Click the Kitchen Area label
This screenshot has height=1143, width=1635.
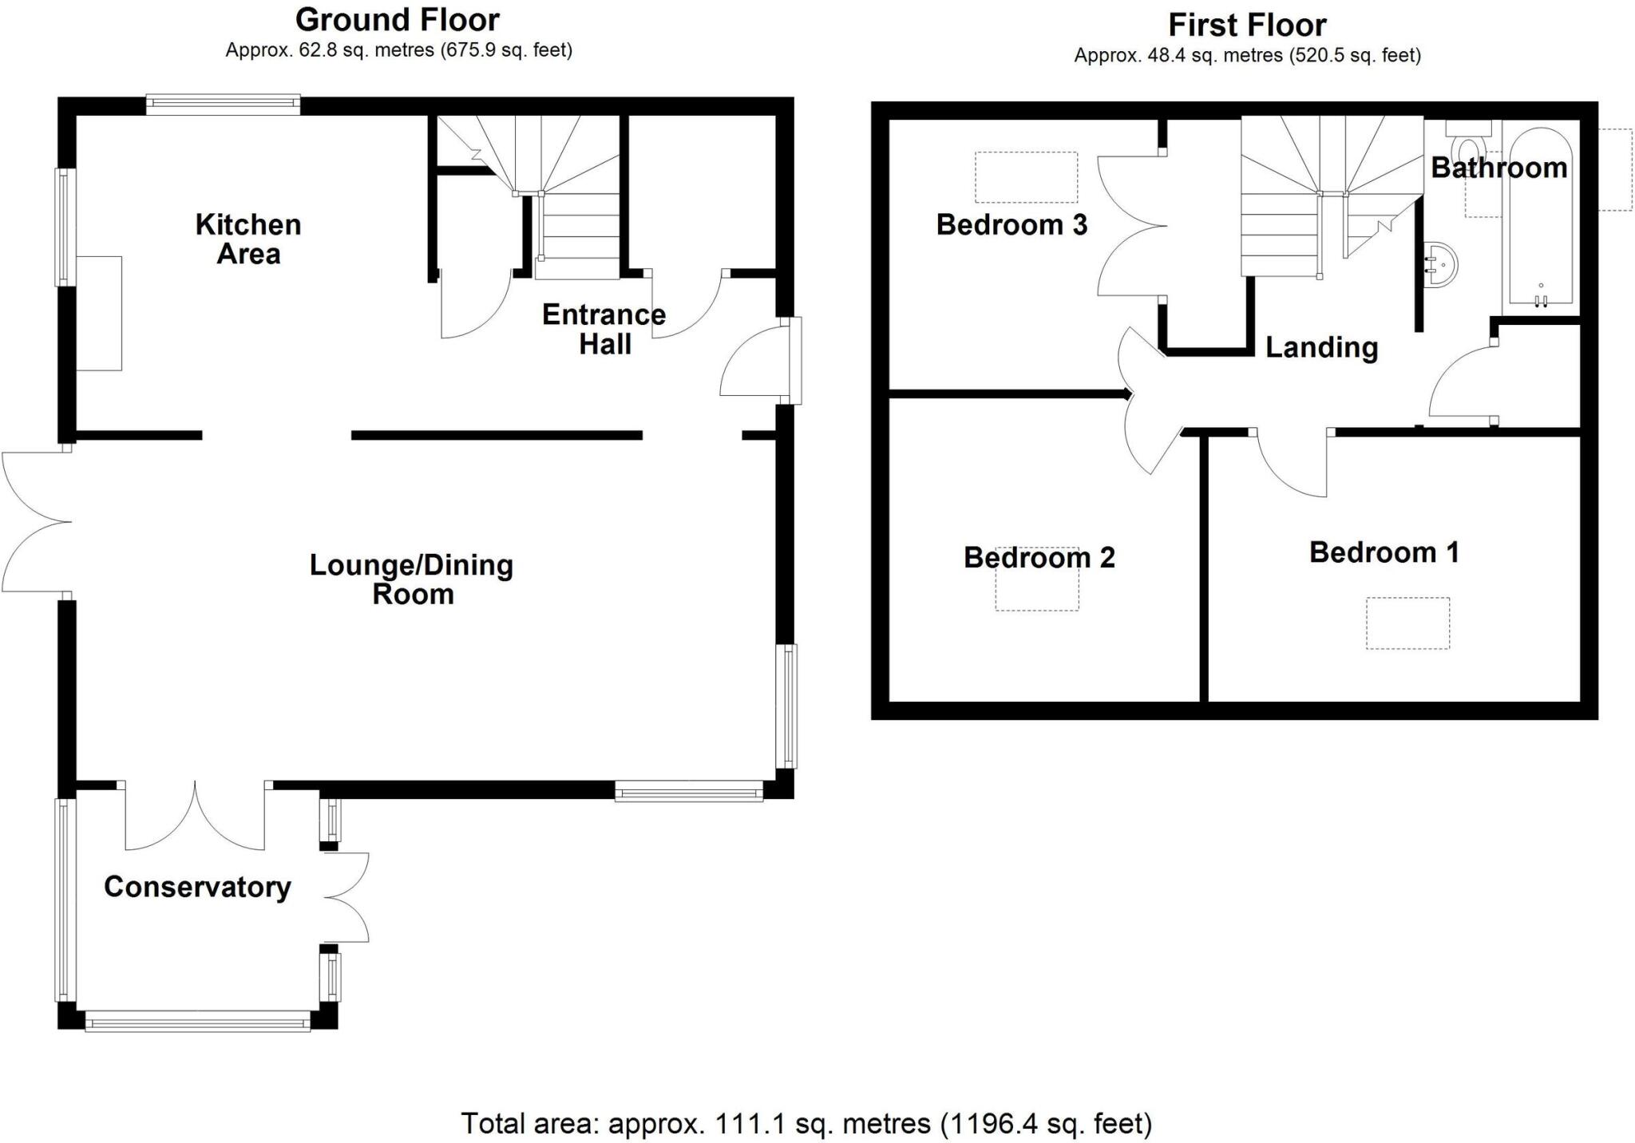(x=248, y=239)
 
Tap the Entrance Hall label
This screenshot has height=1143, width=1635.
(x=604, y=329)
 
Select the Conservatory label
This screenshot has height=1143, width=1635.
(x=197, y=887)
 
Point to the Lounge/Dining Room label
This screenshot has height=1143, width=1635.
(x=411, y=579)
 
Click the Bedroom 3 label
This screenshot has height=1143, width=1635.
(x=1011, y=225)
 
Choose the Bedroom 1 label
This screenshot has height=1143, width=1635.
(x=1384, y=552)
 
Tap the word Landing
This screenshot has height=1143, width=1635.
(x=1321, y=347)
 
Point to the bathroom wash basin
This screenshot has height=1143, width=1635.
(x=1441, y=264)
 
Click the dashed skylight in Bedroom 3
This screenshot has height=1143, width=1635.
(x=1026, y=177)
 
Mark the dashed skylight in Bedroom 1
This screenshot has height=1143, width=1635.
(x=1407, y=623)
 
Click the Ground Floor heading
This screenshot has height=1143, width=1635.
(x=398, y=19)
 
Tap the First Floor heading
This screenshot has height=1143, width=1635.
(x=1247, y=25)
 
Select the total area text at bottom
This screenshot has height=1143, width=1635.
(x=806, y=1123)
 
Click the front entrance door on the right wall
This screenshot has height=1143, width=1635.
(x=754, y=363)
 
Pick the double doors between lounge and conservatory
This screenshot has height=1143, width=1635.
(x=195, y=818)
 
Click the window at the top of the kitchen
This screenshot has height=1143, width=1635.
(x=223, y=104)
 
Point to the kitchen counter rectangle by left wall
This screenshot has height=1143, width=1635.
(x=100, y=313)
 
